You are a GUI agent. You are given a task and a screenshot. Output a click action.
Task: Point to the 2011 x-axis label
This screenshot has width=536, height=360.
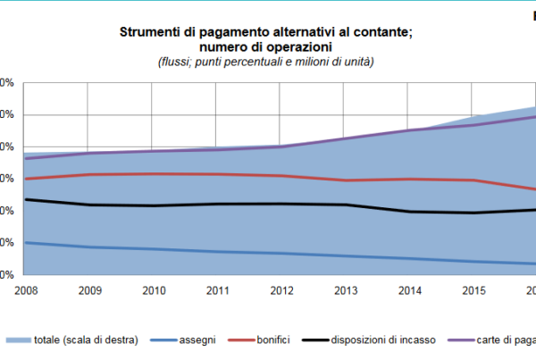coord(216,289)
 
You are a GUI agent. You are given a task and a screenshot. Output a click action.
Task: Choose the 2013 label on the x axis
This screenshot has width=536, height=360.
coord(344,289)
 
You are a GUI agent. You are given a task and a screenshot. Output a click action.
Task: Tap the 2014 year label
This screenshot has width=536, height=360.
coord(408,289)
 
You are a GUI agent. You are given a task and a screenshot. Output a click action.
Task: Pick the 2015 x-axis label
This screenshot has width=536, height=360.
coord(473,289)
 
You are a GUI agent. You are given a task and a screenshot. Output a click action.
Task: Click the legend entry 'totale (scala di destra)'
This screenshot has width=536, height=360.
coord(86,340)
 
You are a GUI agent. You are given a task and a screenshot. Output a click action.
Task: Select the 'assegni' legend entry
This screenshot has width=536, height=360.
coord(197,340)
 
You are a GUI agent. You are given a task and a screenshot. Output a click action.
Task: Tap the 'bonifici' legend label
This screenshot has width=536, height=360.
coord(280,340)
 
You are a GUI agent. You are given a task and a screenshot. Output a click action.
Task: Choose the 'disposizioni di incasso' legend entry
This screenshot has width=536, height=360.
coord(383,340)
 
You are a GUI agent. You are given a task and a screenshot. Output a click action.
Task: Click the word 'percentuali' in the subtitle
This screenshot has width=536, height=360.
coord(245,62)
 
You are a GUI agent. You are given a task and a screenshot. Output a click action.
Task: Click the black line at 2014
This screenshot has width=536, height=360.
coord(408,212)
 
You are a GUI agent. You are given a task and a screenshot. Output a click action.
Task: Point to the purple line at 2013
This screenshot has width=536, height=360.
coord(344,138)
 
